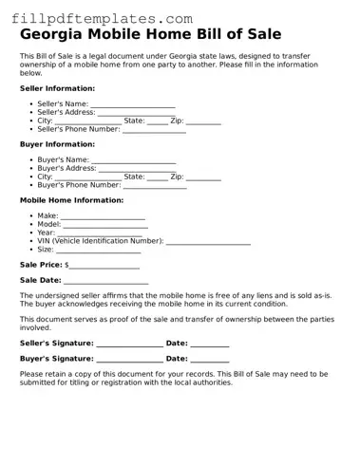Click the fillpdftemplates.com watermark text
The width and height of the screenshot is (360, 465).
103,19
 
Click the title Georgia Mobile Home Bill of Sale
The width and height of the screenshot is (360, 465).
150,35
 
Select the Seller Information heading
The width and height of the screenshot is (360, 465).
57,88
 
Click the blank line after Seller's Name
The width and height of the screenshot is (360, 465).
132,104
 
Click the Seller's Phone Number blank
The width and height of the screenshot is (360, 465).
154,130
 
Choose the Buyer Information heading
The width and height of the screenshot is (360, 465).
57,144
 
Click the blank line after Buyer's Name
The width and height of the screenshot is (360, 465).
132,160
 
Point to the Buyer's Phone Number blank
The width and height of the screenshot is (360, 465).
154,186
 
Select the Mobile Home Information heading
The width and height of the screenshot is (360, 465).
71,200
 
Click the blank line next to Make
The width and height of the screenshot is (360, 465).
103,216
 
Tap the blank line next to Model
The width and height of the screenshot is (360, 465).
105,225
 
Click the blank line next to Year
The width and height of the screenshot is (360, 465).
100,233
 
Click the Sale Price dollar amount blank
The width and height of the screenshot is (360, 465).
104,266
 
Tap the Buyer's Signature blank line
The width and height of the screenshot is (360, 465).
128,360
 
